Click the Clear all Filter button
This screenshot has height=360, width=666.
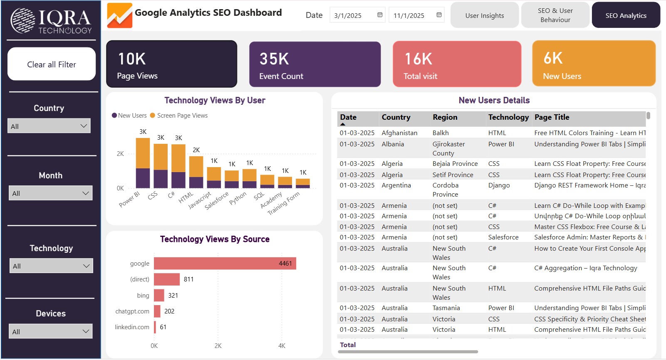(52, 64)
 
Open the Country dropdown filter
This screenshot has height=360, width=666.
(49, 126)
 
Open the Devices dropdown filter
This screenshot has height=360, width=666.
(50, 331)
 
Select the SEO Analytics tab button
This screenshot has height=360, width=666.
(626, 15)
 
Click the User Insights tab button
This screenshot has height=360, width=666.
(484, 15)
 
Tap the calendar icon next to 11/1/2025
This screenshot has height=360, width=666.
(439, 15)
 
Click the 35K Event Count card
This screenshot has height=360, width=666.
(315, 64)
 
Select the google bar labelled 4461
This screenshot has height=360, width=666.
(225, 263)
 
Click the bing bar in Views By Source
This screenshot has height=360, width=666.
(159, 295)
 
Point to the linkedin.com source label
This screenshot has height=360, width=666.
(132, 327)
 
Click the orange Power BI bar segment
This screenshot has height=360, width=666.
(143, 153)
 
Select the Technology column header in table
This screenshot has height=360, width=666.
(508, 117)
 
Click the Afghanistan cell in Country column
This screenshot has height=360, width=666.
(399, 133)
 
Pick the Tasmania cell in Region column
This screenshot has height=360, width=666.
(446, 308)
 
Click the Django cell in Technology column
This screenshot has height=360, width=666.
(499, 185)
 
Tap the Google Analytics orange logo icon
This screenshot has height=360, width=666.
(120, 15)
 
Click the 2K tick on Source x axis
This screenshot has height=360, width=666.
(218, 346)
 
